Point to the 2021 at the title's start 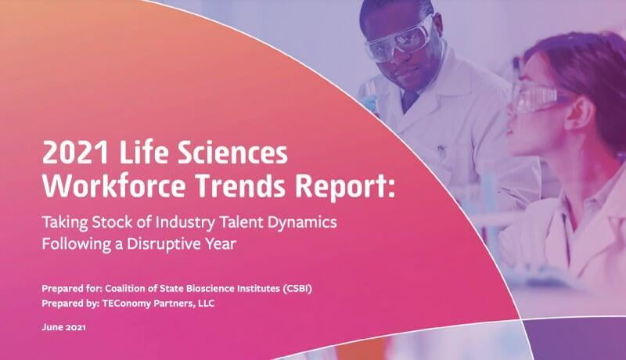point(75,153)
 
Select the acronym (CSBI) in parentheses point(297,289)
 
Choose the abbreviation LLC point(206,304)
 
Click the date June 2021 point(64,327)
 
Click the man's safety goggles point(399,41)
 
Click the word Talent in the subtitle point(238,222)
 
